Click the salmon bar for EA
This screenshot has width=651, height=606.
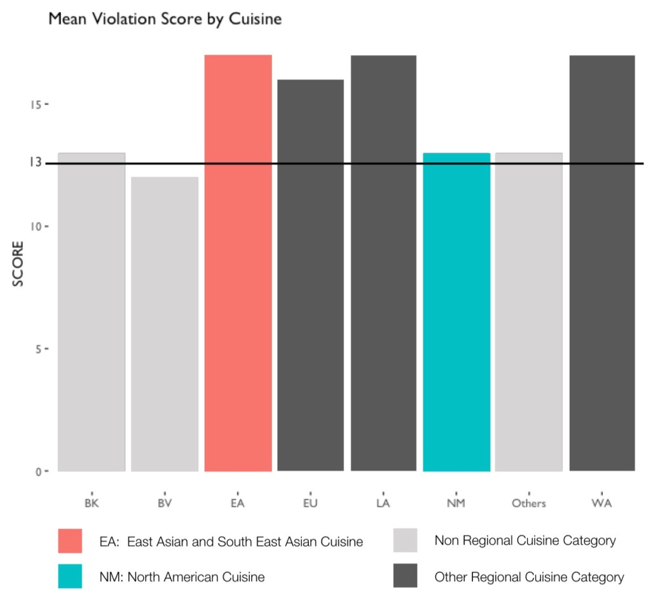tap(238, 263)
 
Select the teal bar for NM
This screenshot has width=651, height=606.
tap(456, 312)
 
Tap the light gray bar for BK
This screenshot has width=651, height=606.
tap(92, 312)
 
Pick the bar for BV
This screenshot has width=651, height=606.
tap(165, 324)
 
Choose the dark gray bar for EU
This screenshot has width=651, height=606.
tap(310, 275)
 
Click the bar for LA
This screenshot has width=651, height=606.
tap(383, 263)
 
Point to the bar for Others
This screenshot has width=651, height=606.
tap(529, 312)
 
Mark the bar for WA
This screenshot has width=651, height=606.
tap(602, 263)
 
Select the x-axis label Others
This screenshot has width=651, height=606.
tap(529, 504)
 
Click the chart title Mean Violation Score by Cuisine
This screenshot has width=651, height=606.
tap(165, 19)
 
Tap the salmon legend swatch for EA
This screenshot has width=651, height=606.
tap(69, 541)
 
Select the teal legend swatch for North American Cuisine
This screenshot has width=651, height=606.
tap(69, 577)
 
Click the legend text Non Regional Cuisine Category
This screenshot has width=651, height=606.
tap(525, 541)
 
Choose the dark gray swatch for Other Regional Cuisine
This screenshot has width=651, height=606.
tap(405, 577)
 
